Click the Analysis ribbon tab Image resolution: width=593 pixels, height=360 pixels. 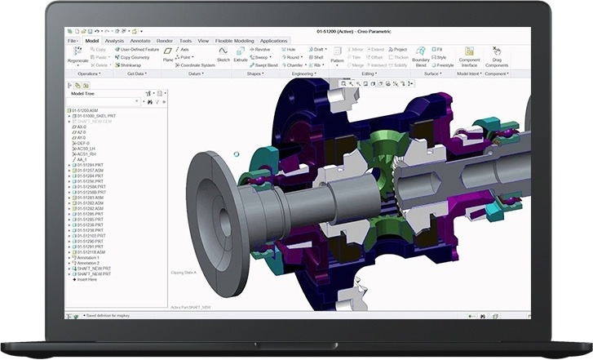(x=115, y=40)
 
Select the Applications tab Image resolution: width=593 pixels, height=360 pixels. (x=273, y=40)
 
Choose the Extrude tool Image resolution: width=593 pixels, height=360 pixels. (x=241, y=54)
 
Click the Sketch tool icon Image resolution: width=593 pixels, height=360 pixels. (x=223, y=54)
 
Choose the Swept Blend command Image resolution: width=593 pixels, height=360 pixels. (x=265, y=65)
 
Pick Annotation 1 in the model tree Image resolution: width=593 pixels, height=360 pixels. (x=87, y=259)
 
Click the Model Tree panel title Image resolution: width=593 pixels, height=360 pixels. (x=85, y=93)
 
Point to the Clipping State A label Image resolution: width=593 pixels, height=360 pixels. (x=184, y=272)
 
